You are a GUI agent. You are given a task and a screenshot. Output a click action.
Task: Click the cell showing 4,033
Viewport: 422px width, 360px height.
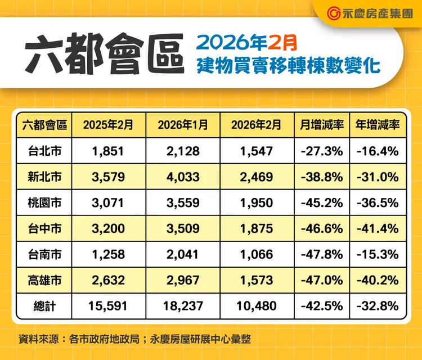(183, 177)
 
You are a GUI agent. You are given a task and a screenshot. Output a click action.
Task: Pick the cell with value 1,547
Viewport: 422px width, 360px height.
(256, 151)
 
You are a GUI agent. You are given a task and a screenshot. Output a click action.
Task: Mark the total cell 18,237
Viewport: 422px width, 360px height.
(183, 306)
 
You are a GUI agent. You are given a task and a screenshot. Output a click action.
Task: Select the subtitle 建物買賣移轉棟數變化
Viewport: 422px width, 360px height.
(289, 66)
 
